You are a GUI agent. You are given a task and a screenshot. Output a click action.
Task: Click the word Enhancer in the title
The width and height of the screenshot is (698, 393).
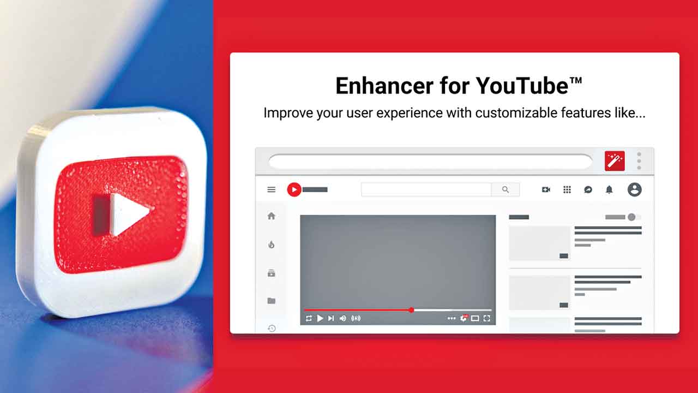click(x=384, y=86)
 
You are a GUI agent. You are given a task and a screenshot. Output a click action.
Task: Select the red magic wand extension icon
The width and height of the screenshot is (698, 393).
click(x=615, y=161)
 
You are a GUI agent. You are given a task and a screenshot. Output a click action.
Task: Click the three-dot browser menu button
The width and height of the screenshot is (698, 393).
click(x=639, y=161)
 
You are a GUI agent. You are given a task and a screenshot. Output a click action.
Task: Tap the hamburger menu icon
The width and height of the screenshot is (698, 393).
click(x=272, y=189)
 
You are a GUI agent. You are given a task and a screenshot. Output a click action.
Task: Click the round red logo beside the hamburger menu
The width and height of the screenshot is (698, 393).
click(x=294, y=189)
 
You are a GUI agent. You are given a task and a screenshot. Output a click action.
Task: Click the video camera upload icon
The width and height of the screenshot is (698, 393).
click(x=546, y=189)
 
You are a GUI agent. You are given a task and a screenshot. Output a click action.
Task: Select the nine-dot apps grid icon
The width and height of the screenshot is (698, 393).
click(x=567, y=189)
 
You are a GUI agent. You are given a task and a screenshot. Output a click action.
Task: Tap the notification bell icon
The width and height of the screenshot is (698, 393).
click(x=609, y=189)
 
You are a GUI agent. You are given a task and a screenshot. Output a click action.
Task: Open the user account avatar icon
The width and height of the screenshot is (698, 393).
click(x=634, y=189)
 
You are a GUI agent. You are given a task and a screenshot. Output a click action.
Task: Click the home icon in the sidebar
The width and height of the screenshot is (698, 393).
click(x=272, y=216)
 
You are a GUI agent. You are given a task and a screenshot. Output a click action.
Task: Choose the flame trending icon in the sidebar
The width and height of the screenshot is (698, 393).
click(x=272, y=245)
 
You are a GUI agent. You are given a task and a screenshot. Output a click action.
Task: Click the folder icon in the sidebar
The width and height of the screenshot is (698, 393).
click(x=272, y=301)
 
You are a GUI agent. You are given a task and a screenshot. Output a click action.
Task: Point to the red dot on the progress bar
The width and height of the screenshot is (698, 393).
click(x=411, y=310)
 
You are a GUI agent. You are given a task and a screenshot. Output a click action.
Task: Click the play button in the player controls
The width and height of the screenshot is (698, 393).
click(x=320, y=318)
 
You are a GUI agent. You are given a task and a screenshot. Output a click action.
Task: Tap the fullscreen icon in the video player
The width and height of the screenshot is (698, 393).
click(x=487, y=318)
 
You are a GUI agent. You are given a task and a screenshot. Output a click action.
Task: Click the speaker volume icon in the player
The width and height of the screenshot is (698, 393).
click(x=343, y=318)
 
